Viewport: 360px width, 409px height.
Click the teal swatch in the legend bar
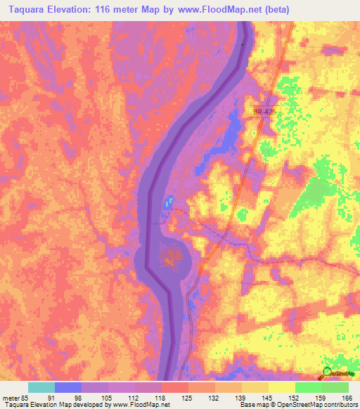[x=41, y=387]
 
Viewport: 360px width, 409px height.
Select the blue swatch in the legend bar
[x=67, y=387]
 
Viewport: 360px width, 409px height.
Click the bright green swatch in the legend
[x=308, y=387]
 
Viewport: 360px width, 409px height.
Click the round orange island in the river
[x=169, y=257]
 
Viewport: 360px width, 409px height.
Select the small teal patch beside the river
[x=168, y=202]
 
